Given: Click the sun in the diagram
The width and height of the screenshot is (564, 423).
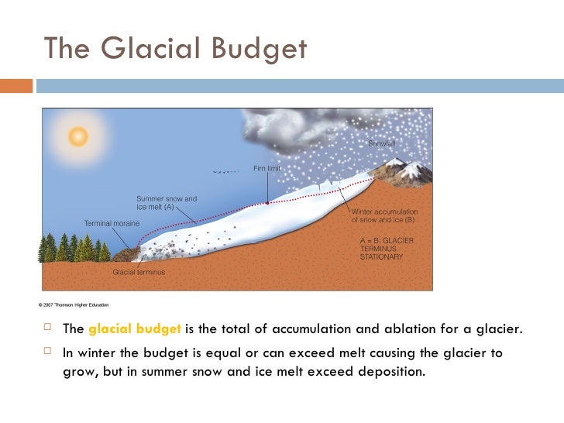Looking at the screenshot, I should (x=77, y=136).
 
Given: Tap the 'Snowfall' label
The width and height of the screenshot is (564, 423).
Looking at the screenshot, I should (x=381, y=144).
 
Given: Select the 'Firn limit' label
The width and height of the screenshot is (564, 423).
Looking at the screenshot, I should (x=267, y=168).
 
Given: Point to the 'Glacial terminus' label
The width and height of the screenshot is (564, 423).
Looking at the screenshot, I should (x=139, y=272).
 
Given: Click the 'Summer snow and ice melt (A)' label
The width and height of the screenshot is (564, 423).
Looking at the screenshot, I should (x=167, y=203).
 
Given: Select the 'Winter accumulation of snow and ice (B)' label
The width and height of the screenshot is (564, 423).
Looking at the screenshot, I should (x=385, y=215).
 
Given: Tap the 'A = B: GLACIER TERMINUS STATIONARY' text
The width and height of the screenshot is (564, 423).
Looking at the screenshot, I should (x=387, y=248).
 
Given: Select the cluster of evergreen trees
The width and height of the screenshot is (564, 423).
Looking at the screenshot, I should (x=74, y=248).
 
